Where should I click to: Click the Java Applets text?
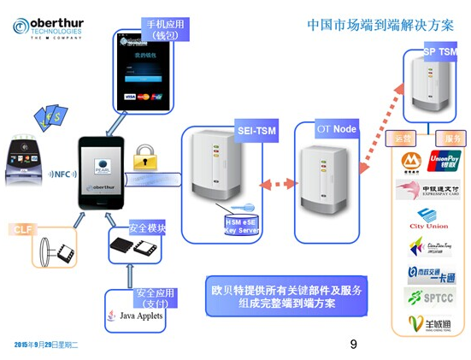coord(138,316)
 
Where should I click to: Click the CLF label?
coord(23,229)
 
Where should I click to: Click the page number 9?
coord(353,344)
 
